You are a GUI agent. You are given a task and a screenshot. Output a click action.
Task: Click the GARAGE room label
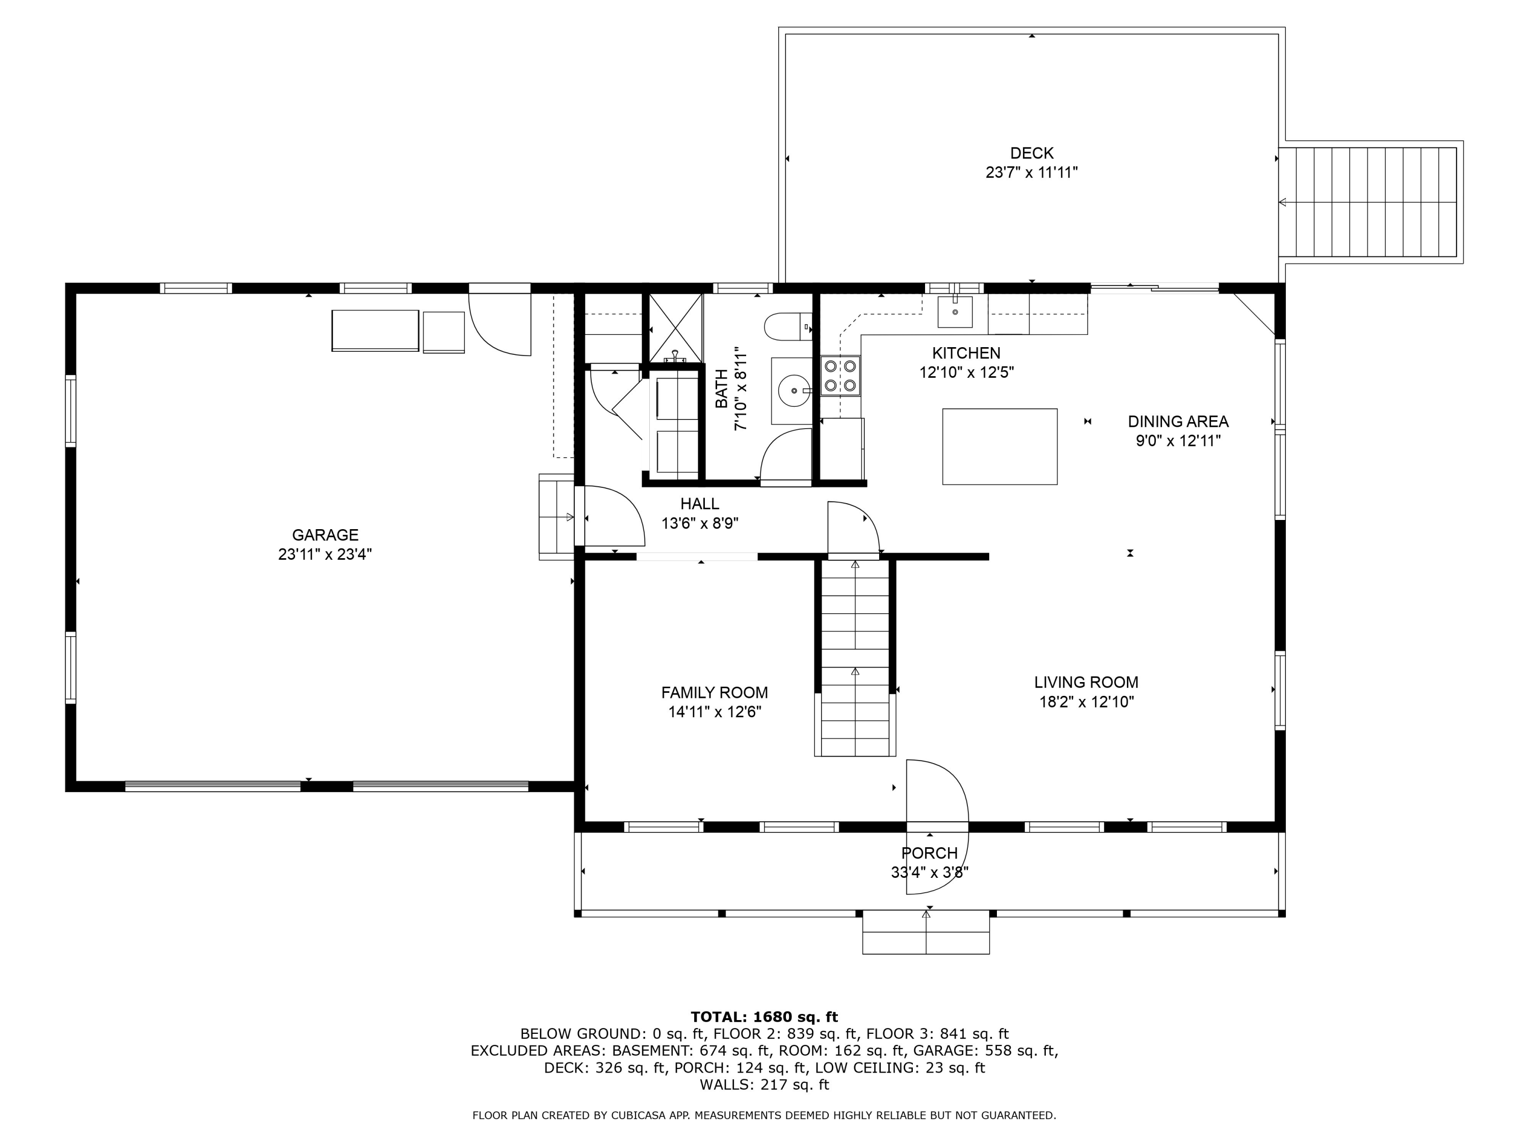325,535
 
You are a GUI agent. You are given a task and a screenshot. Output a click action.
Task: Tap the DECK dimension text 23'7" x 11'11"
1032,172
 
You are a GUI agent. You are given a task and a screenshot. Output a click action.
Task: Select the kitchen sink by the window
955,312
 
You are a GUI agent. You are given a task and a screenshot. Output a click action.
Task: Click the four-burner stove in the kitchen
840,375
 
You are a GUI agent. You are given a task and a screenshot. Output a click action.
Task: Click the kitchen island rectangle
999,447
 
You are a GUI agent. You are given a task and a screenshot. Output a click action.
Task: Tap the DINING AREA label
1178,422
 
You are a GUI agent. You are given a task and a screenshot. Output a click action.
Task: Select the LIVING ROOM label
1086,683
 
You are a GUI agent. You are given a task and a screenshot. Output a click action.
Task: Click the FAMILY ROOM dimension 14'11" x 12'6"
715,712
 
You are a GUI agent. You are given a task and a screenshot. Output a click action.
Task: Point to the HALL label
700,504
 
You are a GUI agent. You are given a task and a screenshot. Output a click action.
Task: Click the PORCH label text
929,853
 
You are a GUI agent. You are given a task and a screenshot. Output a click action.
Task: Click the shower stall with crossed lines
675,328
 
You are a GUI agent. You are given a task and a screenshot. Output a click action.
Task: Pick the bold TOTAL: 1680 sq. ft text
764,1017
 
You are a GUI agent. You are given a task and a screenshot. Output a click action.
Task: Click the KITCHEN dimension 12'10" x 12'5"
966,373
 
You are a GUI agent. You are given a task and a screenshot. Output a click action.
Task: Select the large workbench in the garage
375,330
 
